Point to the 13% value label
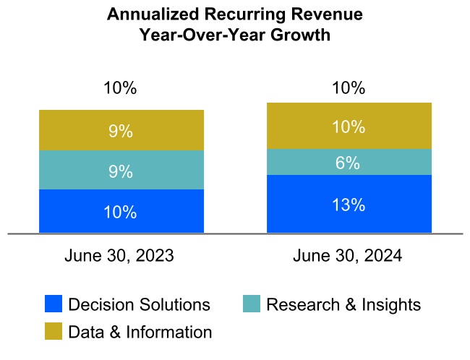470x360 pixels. (348, 205)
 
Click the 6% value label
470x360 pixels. (348, 163)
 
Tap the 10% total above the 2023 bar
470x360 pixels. (120, 89)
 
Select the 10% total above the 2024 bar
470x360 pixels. (349, 89)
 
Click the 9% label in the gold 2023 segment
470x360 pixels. (120, 132)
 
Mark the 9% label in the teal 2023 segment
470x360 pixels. (120, 171)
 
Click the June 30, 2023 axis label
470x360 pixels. (119, 256)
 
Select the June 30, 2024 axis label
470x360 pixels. (348, 256)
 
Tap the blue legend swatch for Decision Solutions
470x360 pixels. (54, 304)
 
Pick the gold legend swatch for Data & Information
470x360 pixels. (54, 332)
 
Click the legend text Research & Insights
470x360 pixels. (343, 304)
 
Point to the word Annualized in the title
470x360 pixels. (147, 14)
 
